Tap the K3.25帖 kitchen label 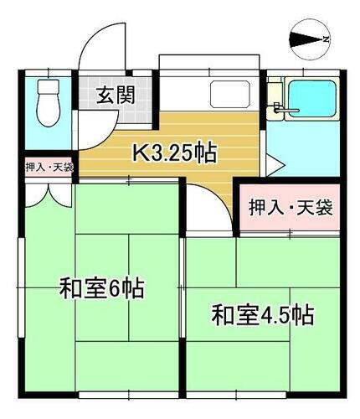(177, 153)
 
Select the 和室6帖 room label (101, 290)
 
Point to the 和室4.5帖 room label (262, 316)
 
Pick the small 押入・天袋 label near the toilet (49, 167)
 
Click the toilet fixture (49, 103)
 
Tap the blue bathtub (311, 101)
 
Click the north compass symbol (310, 38)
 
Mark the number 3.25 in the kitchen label (174, 153)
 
